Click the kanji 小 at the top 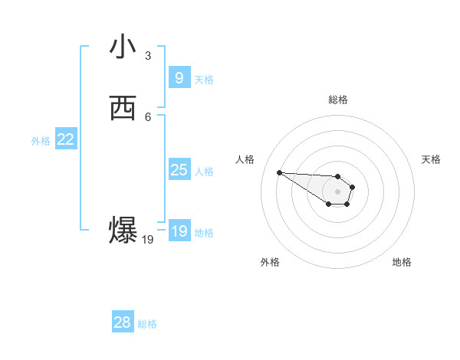123,47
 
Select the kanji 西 123,108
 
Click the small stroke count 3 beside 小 148,56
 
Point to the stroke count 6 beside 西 148,116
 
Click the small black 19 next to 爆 148,240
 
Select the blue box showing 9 179,77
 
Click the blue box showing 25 179,170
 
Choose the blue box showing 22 66,139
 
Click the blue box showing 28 122,322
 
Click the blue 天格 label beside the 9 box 204,80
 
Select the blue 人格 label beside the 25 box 204,172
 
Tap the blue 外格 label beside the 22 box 41,141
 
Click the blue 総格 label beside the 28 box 147,324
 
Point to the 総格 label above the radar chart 338,100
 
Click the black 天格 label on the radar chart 431,159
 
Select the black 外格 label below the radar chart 270,262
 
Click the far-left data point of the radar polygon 279,172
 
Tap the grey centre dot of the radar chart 338,191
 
